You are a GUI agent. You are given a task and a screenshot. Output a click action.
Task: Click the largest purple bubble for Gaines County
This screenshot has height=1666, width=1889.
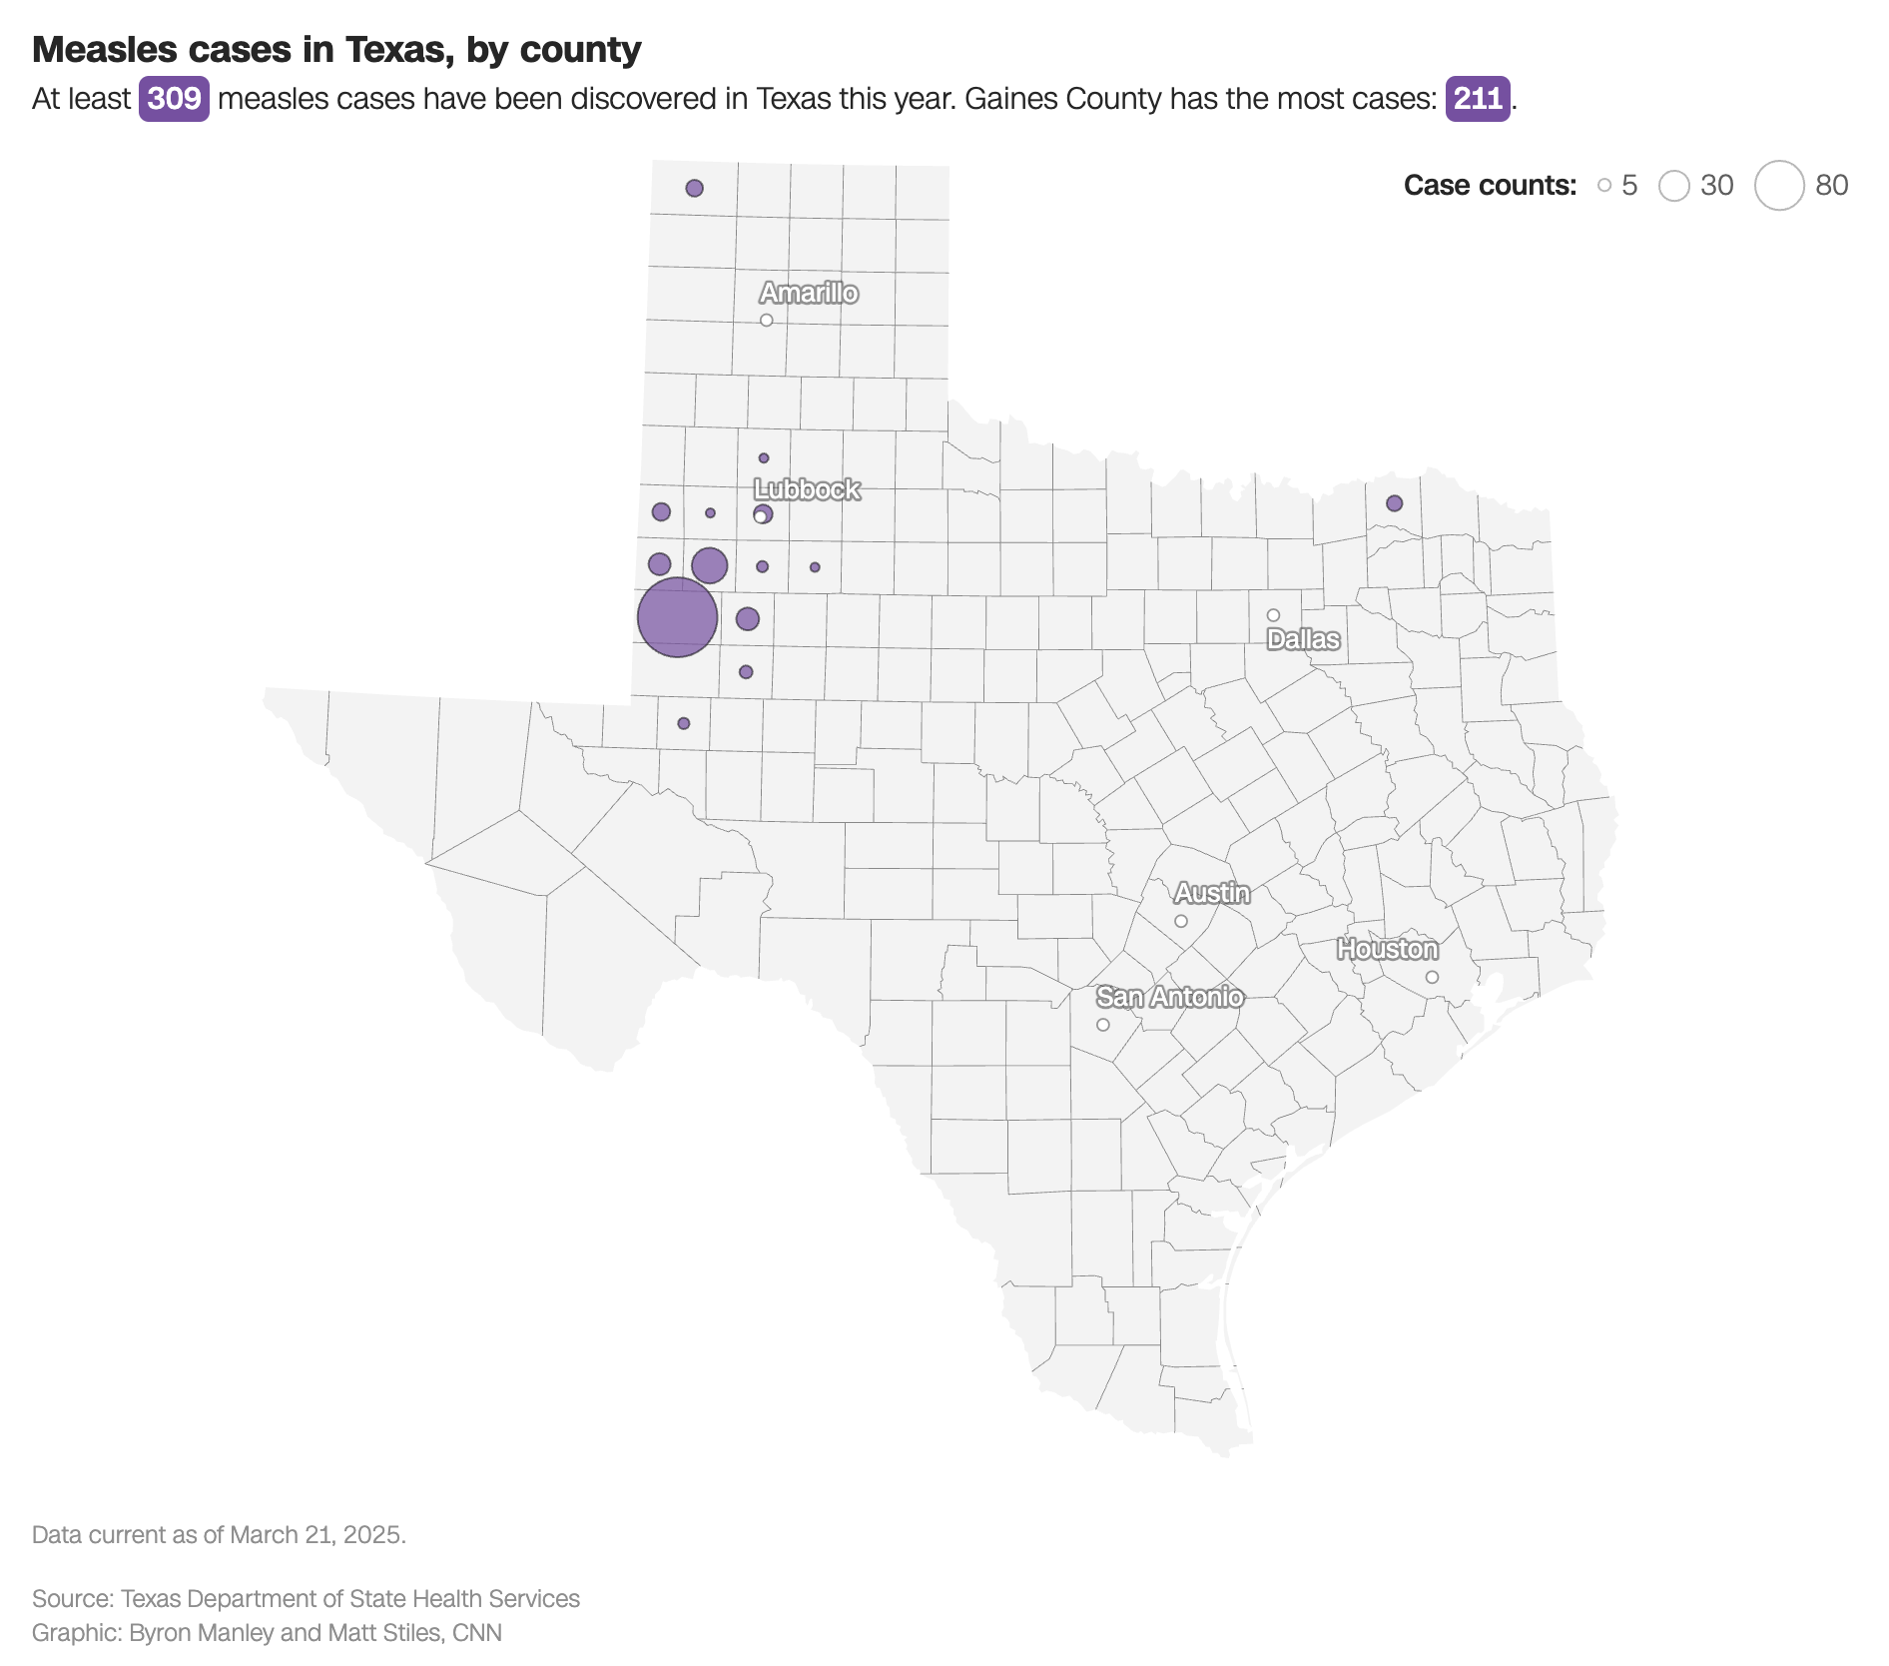(677, 617)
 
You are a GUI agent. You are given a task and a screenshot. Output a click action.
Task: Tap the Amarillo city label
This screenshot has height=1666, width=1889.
(809, 293)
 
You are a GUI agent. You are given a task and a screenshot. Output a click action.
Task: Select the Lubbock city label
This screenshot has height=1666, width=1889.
(807, 489)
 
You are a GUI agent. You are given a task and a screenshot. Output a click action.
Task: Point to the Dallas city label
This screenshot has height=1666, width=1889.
(1303, 639)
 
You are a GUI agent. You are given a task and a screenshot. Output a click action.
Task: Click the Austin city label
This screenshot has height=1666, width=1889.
(1212, 893)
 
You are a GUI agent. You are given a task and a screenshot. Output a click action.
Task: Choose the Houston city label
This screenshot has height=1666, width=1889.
(1388, 949)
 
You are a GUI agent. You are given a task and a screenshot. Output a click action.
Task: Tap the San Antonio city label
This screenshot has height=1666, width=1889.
(1170, 997)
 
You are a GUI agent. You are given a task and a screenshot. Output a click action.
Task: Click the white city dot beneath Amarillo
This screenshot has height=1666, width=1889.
(767, 321)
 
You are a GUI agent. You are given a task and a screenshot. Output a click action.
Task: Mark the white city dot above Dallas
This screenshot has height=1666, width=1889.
(1273, 615)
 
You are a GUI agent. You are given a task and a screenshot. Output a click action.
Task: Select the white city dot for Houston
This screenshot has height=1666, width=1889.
(1432, 977)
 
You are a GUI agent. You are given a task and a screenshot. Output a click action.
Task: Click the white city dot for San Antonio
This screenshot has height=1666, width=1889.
(1103, 1025)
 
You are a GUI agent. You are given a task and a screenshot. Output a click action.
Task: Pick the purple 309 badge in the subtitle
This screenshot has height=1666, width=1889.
(174, 99)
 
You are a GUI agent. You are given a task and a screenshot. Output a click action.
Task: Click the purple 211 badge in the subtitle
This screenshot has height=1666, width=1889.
(1478, 99)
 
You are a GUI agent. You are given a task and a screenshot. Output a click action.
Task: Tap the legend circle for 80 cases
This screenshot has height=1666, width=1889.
(1779, 186)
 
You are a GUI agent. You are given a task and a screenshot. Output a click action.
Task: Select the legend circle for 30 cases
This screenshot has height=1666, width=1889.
(1674, 186)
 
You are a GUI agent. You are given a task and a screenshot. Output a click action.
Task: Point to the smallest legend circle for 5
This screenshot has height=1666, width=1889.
(1604, 186)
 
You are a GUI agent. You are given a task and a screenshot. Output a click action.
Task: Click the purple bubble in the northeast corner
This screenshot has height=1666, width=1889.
(1395, 503)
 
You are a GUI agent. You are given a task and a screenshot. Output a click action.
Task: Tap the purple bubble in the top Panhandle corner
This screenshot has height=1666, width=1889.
(695, 188)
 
